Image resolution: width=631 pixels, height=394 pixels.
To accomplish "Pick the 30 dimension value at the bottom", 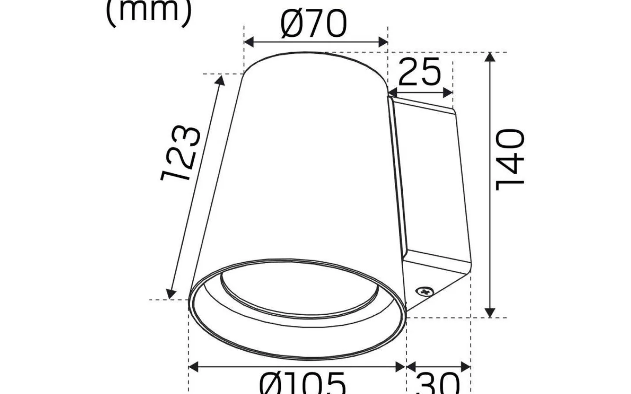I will (438, 384).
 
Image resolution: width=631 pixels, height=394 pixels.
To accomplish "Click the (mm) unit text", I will (149, 11).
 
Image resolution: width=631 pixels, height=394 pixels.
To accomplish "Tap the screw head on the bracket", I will (424, 291).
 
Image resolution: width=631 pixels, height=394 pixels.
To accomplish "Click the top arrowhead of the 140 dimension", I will (490, 57).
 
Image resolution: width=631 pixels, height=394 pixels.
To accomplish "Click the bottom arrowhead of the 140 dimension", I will (490, 313).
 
